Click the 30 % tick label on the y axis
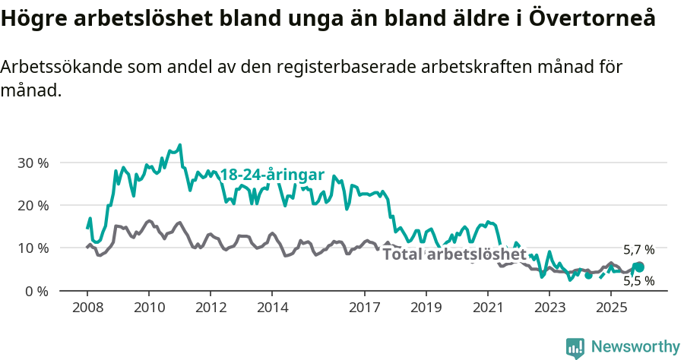[33, 163]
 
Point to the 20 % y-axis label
[33, 205]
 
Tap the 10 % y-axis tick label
[33, 248]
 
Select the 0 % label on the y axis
[36, 291]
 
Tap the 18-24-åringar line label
[272, 175]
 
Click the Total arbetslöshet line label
[454, 254]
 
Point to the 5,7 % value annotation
[638, 249]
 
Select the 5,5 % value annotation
[638, 280]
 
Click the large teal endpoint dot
[639, 267]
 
